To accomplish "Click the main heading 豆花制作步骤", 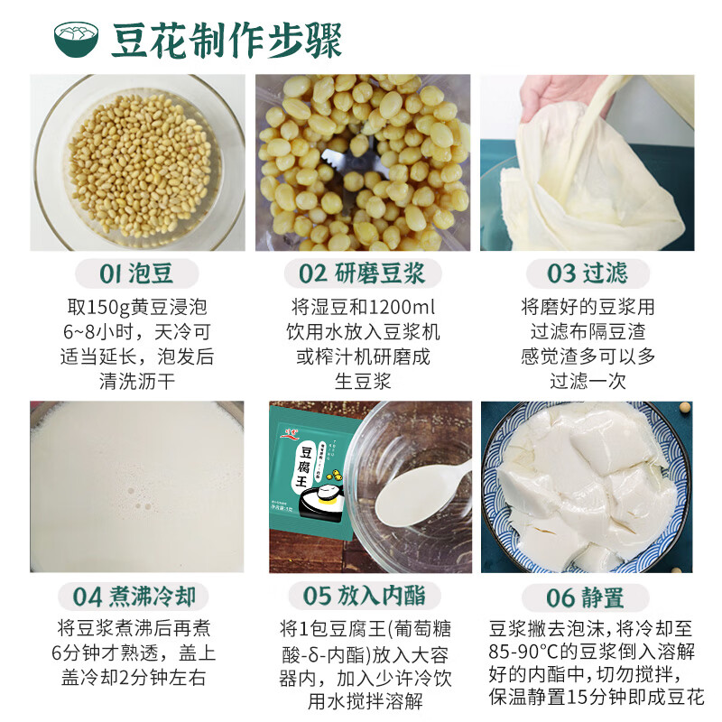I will tap(227, 41).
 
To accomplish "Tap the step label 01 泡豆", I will tap(137, 273).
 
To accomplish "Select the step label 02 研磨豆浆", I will tap(363, 273).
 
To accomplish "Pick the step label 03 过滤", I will tap(587, 273).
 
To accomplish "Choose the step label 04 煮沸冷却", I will tap(137, 597).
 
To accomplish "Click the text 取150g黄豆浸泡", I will tap(137, 307).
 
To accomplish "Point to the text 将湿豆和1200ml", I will tap(363, 307).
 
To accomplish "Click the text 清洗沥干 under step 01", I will tap(137, 381).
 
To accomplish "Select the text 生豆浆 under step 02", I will tap(363, 381).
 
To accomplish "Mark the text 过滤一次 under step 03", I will tap(587, 381).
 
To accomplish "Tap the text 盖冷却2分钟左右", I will tap(137, 676).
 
